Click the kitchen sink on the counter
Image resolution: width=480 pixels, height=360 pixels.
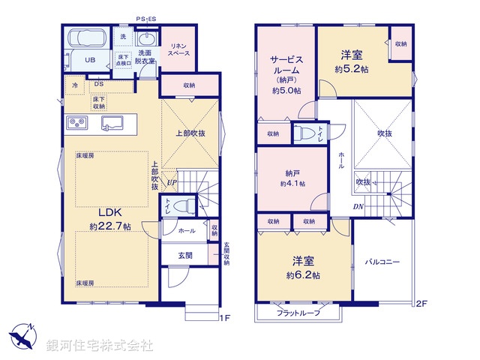click(x=112, y=123)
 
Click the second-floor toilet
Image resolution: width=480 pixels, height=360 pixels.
click(x=306, y=133)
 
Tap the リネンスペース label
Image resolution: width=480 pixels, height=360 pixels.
click(x=178, y=49)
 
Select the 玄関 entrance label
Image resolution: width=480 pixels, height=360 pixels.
click(x=184, y=256)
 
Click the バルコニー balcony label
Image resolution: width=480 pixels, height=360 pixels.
click(x=382, y=262)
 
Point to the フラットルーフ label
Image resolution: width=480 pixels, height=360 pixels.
click(x=298, y=313)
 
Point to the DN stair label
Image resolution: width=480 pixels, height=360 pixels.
click(x=358, y=208)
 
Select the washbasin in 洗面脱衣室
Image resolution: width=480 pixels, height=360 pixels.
click(x=145, y=40)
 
